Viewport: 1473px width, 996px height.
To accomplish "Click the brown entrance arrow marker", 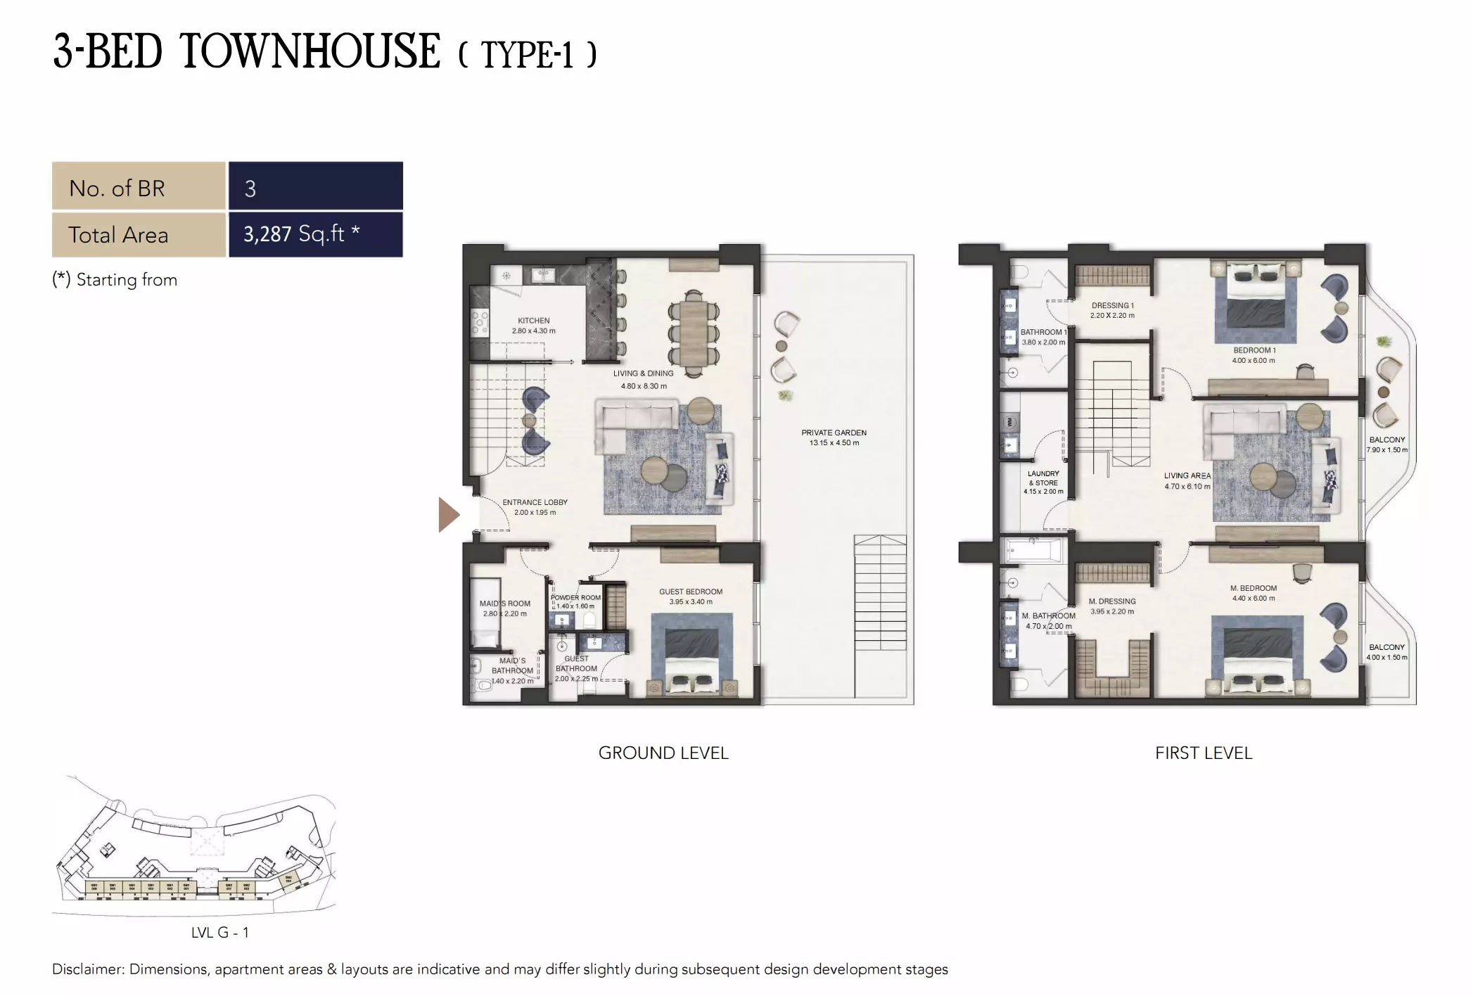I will click(x=448, y=514).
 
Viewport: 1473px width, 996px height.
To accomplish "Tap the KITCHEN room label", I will click(x=534, y=321).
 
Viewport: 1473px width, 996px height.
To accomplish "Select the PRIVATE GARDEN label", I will click(x=834, y=433).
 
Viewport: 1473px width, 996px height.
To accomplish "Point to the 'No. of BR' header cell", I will click(x=139, y=188).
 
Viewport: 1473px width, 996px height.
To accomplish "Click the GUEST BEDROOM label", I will click(x=690, y=592).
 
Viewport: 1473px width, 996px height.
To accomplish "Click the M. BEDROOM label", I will click(x=1253, y=588).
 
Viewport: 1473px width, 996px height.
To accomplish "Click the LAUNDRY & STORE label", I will click(x=1043, y=478).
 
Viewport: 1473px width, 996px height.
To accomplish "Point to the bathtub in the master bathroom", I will click(x=1033, y=549).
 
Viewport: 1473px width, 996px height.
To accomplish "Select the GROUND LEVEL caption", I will click(x=663, y=753).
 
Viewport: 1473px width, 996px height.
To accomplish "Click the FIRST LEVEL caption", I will click(x=1203, y=753).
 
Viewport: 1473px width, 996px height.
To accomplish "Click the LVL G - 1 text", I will click(x=219, y=933).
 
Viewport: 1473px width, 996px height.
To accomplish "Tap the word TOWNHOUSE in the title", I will click(x=310, y=52).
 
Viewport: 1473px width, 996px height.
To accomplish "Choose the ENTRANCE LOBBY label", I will click(x=535, y=502).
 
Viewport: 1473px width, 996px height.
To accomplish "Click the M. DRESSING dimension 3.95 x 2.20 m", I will click(x=1111, y=612).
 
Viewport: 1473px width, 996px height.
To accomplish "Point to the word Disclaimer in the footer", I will click(x=88, y=969).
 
